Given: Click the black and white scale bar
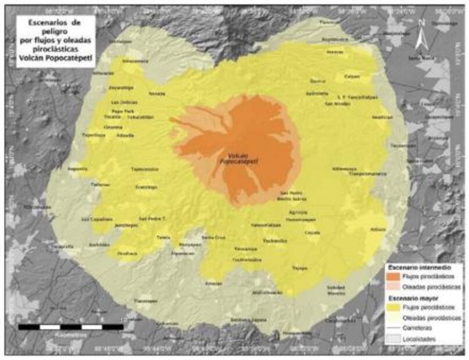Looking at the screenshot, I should click(x=70, y=327).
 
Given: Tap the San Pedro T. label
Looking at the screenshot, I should click(x=152, y=219).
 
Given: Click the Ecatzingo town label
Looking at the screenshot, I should click(x=146, y=187).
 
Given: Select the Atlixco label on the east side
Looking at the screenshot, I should click(x=377, y=230).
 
